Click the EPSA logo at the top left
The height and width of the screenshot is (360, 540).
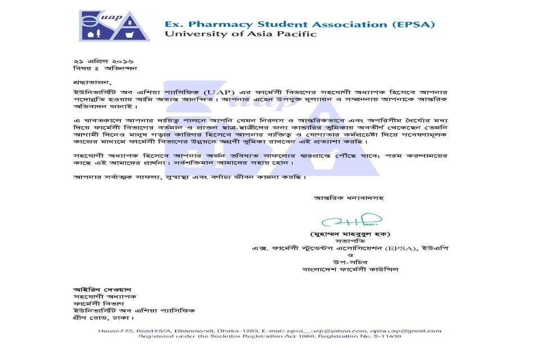click(115, 26)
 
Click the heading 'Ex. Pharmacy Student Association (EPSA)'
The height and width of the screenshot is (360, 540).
click(299, 24)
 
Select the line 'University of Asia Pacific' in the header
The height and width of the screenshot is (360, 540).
click(240, 34)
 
